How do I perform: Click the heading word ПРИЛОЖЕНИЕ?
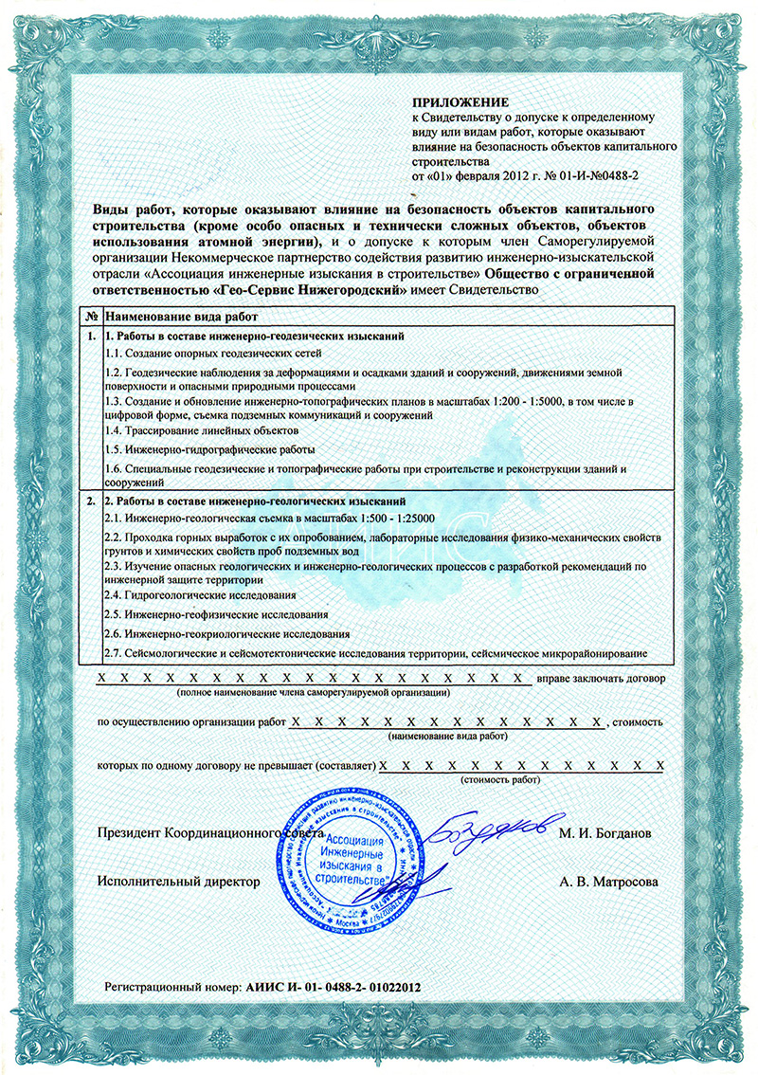pos(460,101)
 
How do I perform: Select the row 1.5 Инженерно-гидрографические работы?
pos(209,449)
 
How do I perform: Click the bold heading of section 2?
pos(256,500)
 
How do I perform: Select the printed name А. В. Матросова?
pos(607,882)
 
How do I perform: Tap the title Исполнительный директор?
pos(178,882)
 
